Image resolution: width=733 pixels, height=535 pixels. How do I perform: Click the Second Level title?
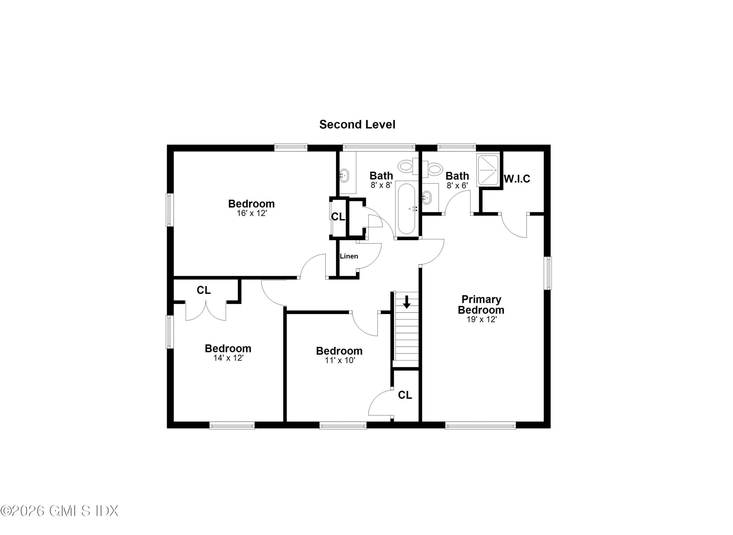(357, 125)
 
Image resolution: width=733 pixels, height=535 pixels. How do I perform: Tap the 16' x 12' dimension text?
(252, 213)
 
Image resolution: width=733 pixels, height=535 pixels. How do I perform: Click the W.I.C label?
(517, 179)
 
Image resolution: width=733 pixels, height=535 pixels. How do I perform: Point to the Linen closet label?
(349, 256)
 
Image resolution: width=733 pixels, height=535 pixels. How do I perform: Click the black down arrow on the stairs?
(407, 302)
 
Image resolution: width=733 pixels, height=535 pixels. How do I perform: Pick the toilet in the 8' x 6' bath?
(434, 169)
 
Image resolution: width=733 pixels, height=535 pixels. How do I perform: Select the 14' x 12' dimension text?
(228, 358)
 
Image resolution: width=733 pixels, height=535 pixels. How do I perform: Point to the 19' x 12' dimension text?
(481, 319)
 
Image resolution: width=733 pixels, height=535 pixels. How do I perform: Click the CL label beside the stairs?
(405, 395)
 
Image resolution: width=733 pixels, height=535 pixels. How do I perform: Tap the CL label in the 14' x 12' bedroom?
(204, 290)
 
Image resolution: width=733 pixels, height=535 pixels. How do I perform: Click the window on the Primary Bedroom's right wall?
(548, 273)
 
